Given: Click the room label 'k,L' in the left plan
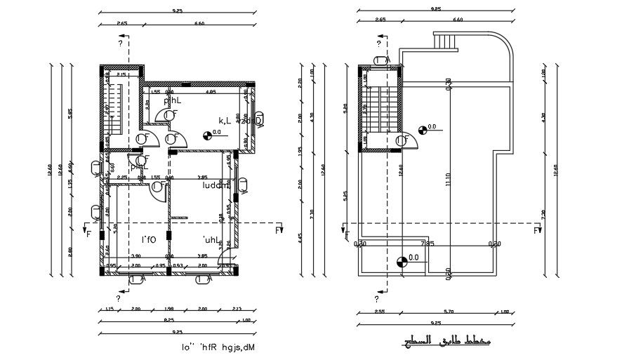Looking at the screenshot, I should [225, 120].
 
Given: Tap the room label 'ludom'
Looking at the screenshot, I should [216, 186].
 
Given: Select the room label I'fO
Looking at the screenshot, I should [148, 240].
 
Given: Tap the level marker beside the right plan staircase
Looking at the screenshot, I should [423, 129].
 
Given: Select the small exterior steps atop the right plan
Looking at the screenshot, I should [444, 42].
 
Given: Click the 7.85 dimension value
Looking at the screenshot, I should [426, 244].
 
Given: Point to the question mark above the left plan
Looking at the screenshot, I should [120, 44].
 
